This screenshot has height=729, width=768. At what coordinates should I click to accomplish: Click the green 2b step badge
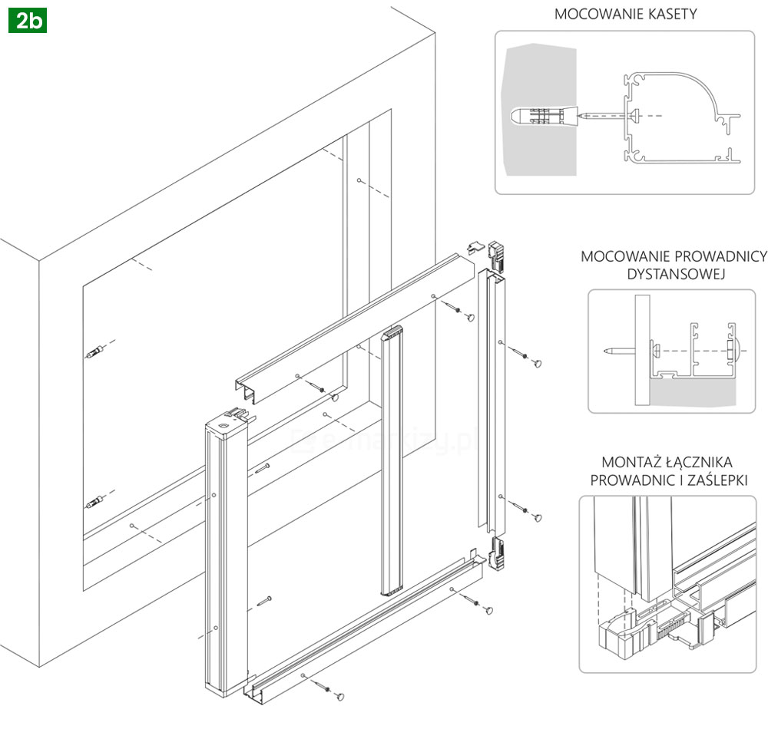point(28,21)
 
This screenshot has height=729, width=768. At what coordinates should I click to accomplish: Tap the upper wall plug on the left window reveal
point(94,355)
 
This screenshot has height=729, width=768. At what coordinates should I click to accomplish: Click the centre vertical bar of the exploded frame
point(392,460)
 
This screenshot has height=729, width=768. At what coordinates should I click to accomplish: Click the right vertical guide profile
point(491,399)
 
